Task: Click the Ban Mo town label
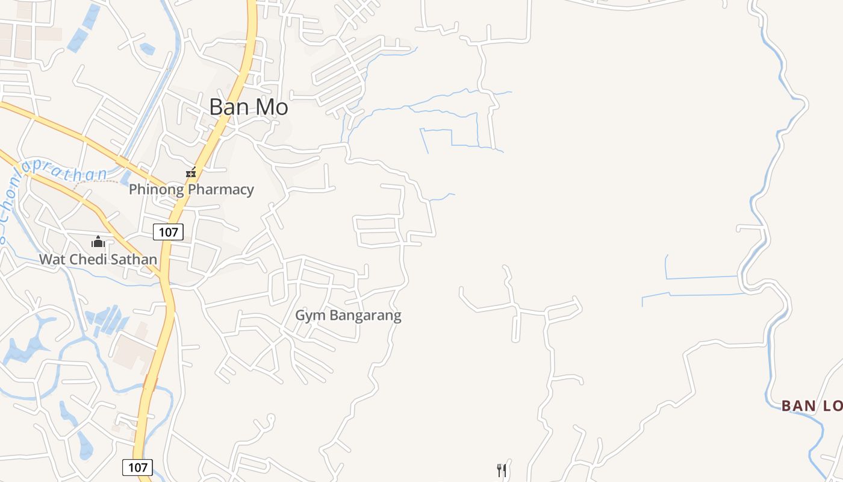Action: point(249,107)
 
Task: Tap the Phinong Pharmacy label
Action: point(191,189)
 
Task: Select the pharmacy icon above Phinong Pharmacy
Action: point(191,173)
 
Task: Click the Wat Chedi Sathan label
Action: point(98,260)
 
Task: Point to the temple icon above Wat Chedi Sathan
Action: point(98,242)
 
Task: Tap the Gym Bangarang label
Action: point(348,315)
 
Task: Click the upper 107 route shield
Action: point(168,232)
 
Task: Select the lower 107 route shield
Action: point(138,467)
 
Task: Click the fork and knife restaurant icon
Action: point(502,470)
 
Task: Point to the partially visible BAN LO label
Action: point(812,406)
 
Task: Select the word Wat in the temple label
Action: point(52,260)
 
